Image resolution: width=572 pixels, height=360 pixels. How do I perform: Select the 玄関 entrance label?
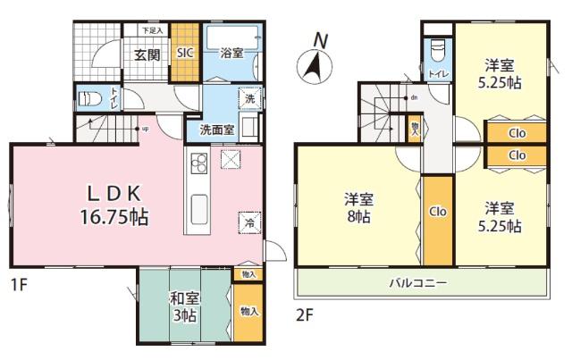147,54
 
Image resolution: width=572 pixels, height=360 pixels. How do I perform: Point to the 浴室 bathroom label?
231,54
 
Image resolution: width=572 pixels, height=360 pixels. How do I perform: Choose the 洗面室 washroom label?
217,129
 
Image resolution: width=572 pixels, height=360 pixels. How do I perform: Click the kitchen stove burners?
198,162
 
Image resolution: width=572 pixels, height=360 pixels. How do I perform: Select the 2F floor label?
304,314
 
